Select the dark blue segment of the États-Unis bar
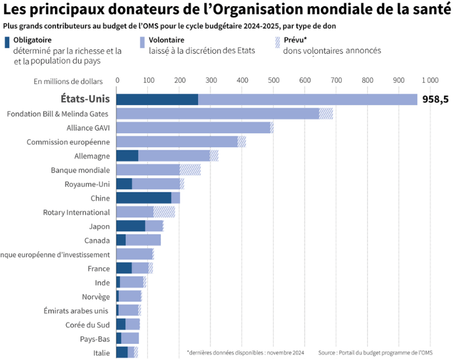click(157, 100)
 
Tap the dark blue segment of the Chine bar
click(144, 198)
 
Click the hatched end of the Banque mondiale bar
click(190, 169)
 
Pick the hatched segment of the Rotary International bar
click(164, 212)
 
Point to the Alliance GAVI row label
click(88, 128)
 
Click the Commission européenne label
click(68, 142)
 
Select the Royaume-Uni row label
click(87, 184)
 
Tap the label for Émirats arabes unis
click(76, 311)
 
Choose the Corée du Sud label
click(87, 325)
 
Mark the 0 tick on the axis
click(117, 80)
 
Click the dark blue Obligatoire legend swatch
click(7, 42)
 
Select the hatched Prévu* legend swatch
click(277, 42)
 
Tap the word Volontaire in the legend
click(167, 40)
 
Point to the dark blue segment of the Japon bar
click(131, 226)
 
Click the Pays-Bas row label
click(95, 339)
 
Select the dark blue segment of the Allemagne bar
click(128, 156)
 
